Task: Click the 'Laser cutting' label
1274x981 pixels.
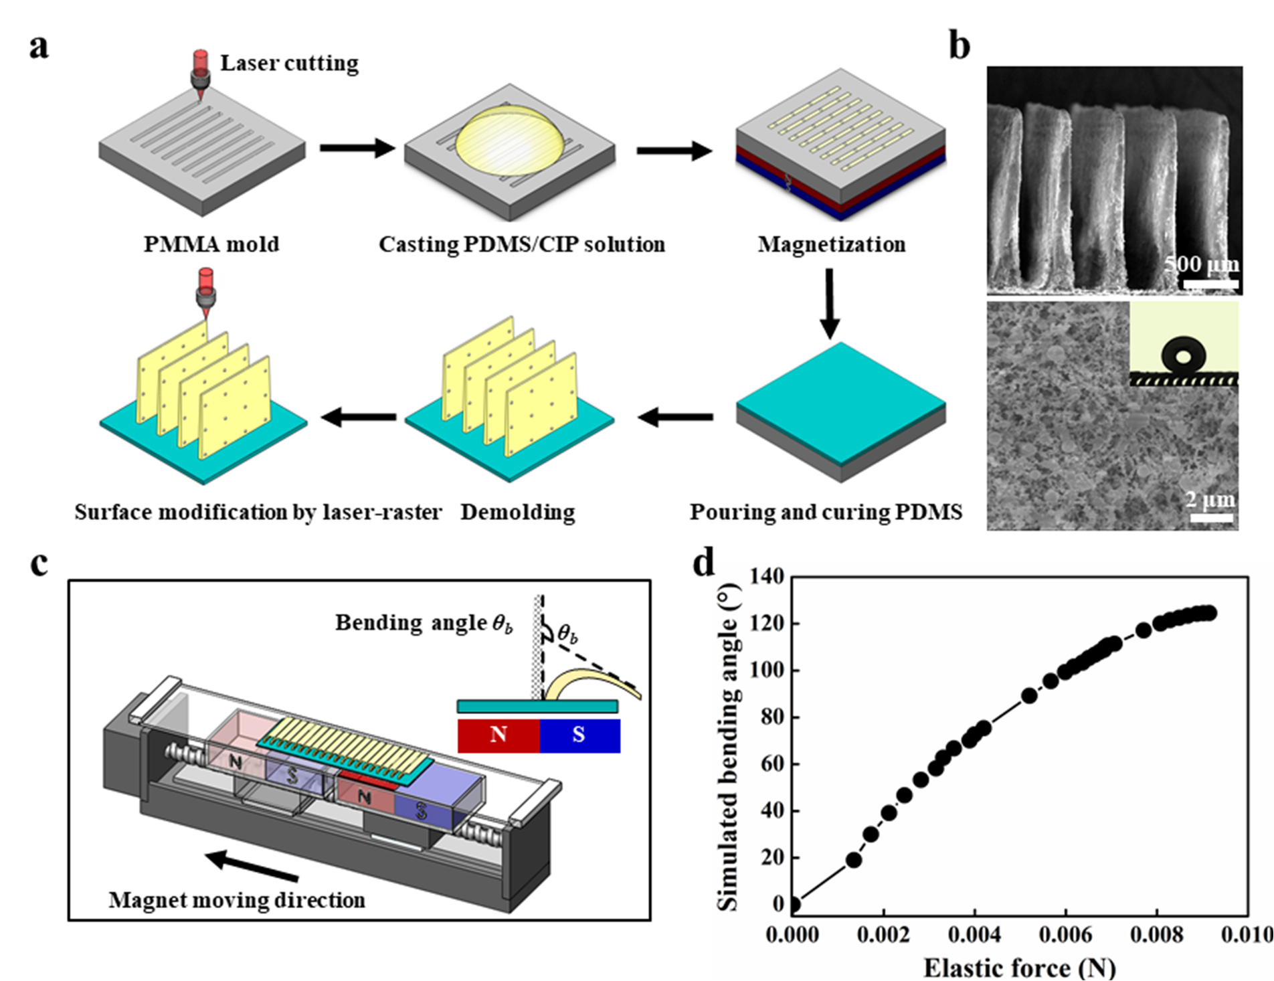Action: click(289, 63)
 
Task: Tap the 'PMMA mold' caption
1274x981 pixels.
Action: click(211, 244)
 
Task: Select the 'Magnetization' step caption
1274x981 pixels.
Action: click(832, 244)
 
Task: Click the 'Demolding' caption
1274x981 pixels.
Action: click(518, 512)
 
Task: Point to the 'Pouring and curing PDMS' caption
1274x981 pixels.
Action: click(826, 512)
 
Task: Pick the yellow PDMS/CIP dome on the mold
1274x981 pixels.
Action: click(510, 141)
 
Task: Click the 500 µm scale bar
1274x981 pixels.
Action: click(1210, 284)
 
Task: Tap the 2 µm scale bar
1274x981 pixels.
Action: click(1212, 518)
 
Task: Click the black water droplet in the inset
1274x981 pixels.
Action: click(1184, 355)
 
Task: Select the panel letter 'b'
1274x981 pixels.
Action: click(960, 47)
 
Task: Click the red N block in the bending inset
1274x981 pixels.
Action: click(498, 735)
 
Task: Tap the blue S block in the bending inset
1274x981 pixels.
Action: click(579, 735)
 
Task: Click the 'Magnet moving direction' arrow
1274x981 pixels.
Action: click(251, 866)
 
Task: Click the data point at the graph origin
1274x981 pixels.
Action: click(794, 905)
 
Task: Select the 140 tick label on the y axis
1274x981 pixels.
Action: click(767, 576)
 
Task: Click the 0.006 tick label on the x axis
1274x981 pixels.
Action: click(1065, 934)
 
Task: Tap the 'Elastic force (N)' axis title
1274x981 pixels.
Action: click(1019, 968)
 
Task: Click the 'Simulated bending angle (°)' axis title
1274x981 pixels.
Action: click(728, 746)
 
